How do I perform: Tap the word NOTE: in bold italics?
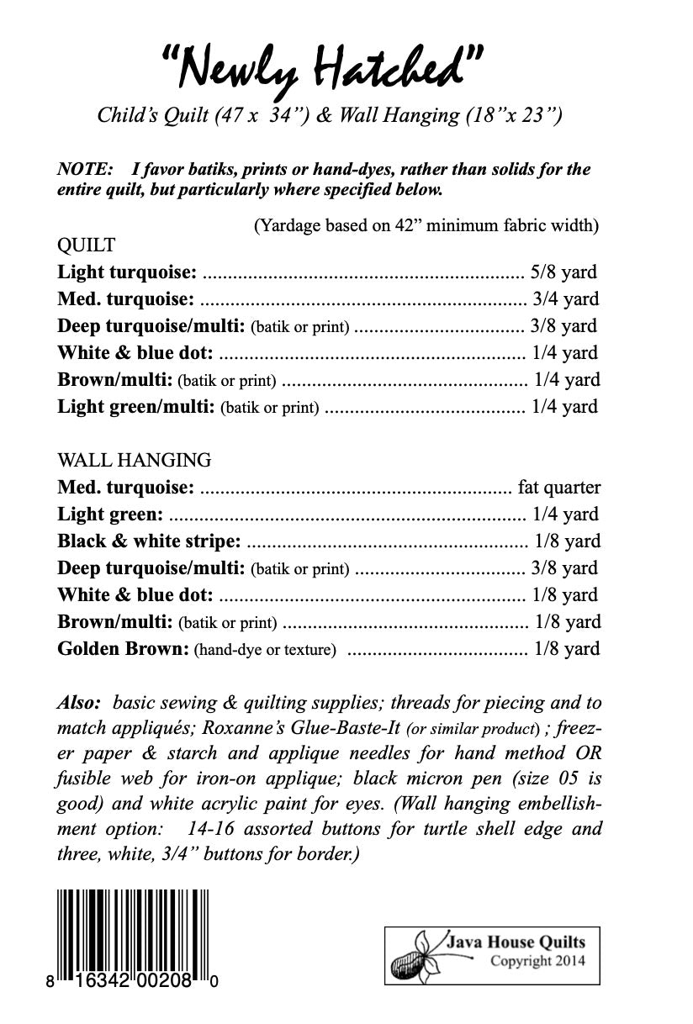(x=83, y=169)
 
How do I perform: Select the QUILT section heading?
(x=86, y=245)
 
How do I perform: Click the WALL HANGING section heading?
(x=134, y=460)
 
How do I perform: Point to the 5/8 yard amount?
(x=563, y=272)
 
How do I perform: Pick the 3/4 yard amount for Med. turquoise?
(x=565, y=298)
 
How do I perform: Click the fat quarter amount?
(x=559, y=488)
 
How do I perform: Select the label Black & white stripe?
(x=149, y=541)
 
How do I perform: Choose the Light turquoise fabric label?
(x=127, y=272)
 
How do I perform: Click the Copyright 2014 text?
(x=537, y=961)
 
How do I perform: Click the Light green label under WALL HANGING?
(x=109, y=515)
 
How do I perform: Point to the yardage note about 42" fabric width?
(x=426, y=225)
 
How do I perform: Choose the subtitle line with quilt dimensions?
(x=330, y=115)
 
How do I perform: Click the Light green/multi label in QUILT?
(x=135, y=407)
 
